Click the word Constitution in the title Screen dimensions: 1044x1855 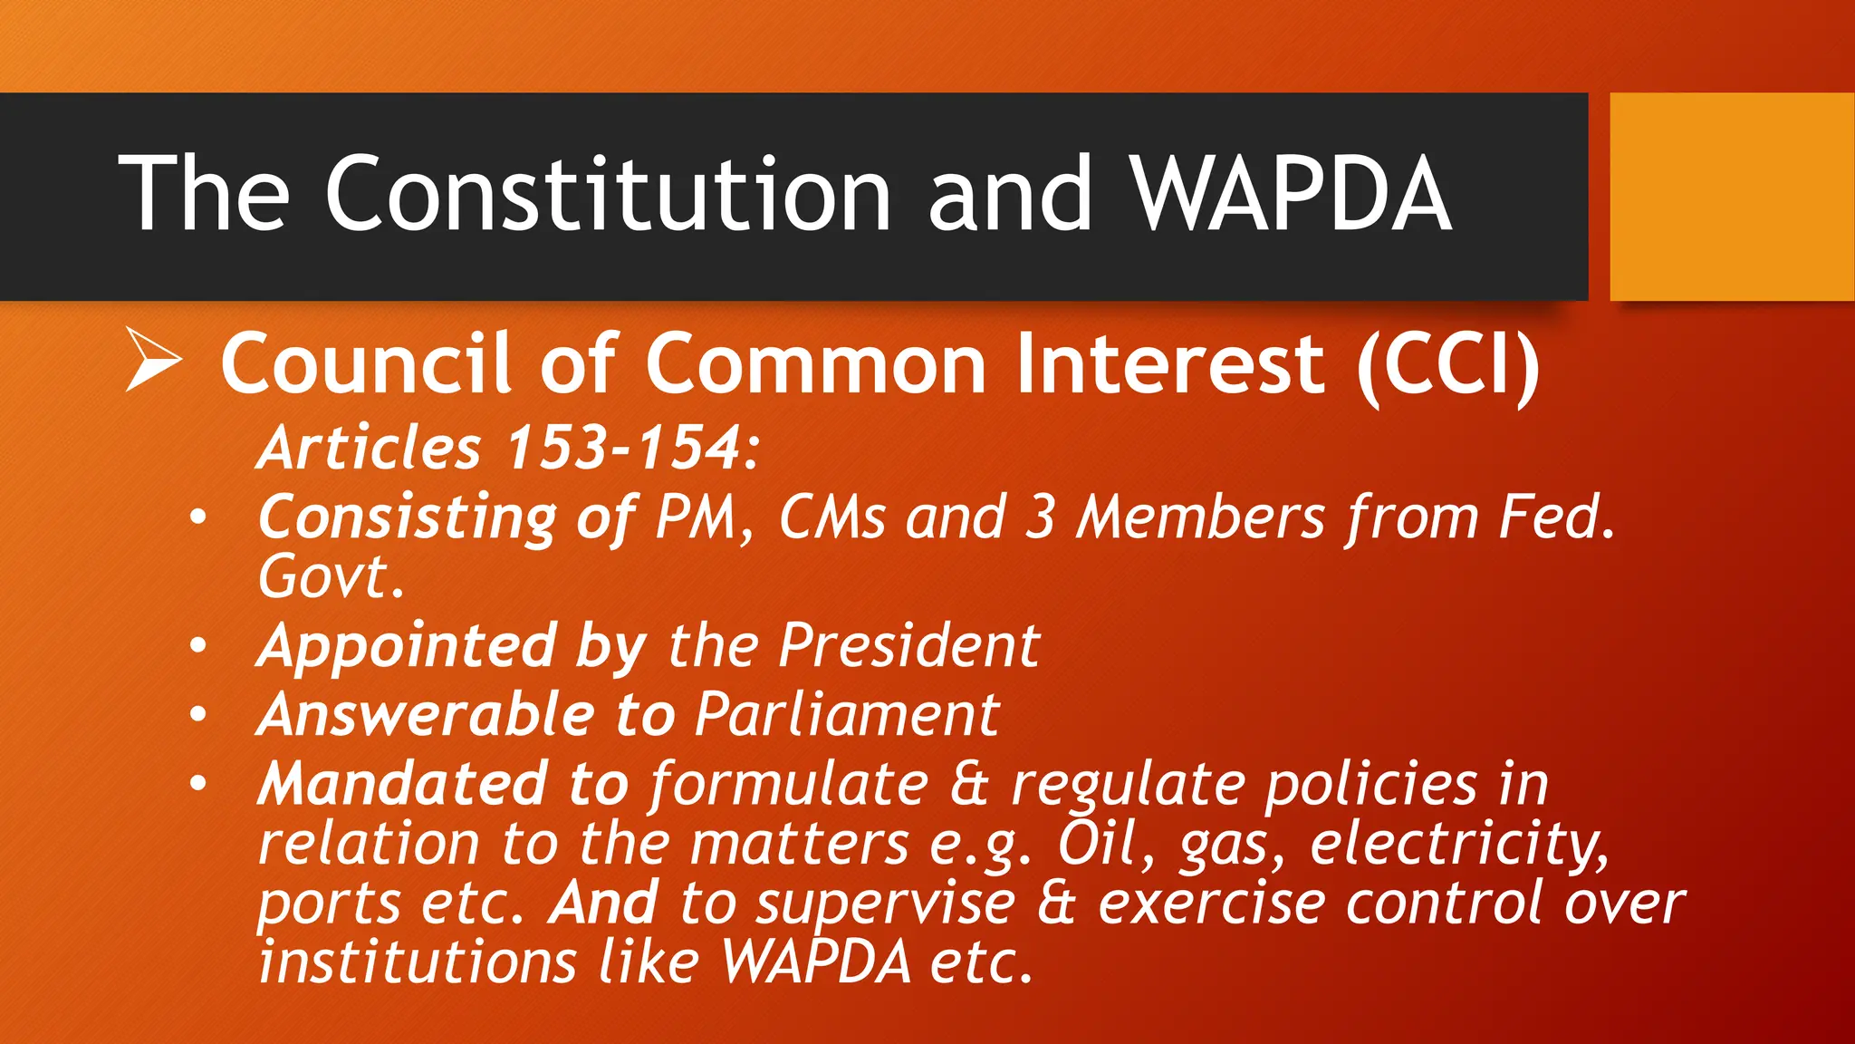608,193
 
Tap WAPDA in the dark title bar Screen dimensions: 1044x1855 1293,193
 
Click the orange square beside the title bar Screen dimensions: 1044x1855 1731,197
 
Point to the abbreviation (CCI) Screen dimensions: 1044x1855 1448,364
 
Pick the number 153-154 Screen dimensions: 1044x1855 624,448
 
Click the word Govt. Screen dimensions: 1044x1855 330,576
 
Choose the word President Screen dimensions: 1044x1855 908,646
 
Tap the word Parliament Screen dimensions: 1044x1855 847,715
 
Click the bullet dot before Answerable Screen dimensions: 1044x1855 198,714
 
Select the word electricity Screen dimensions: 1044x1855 1459,844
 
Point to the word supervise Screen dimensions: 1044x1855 886,904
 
